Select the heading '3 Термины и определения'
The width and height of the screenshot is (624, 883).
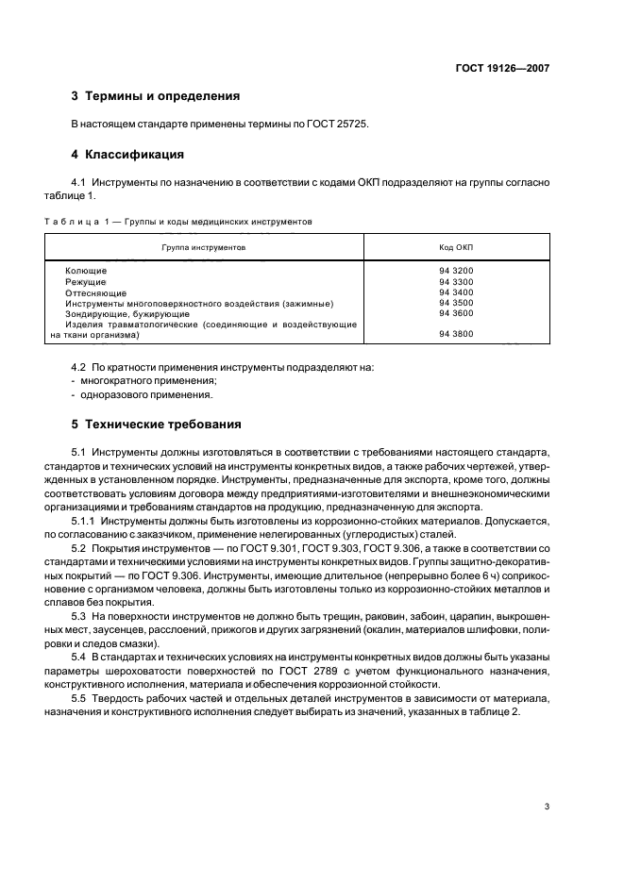[156, 96]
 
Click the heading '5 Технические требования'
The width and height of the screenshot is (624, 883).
[156, 424]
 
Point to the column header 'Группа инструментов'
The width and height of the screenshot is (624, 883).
[204, 246]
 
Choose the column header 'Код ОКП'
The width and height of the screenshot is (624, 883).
[456, 246]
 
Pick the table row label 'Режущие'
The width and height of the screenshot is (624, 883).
[86, 282]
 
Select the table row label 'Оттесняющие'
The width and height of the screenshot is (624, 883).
[95, 292]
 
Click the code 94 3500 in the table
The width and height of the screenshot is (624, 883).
[456, 303]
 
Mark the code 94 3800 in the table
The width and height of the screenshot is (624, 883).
[456, 334]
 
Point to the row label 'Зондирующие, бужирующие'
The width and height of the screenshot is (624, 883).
[127, 313]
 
